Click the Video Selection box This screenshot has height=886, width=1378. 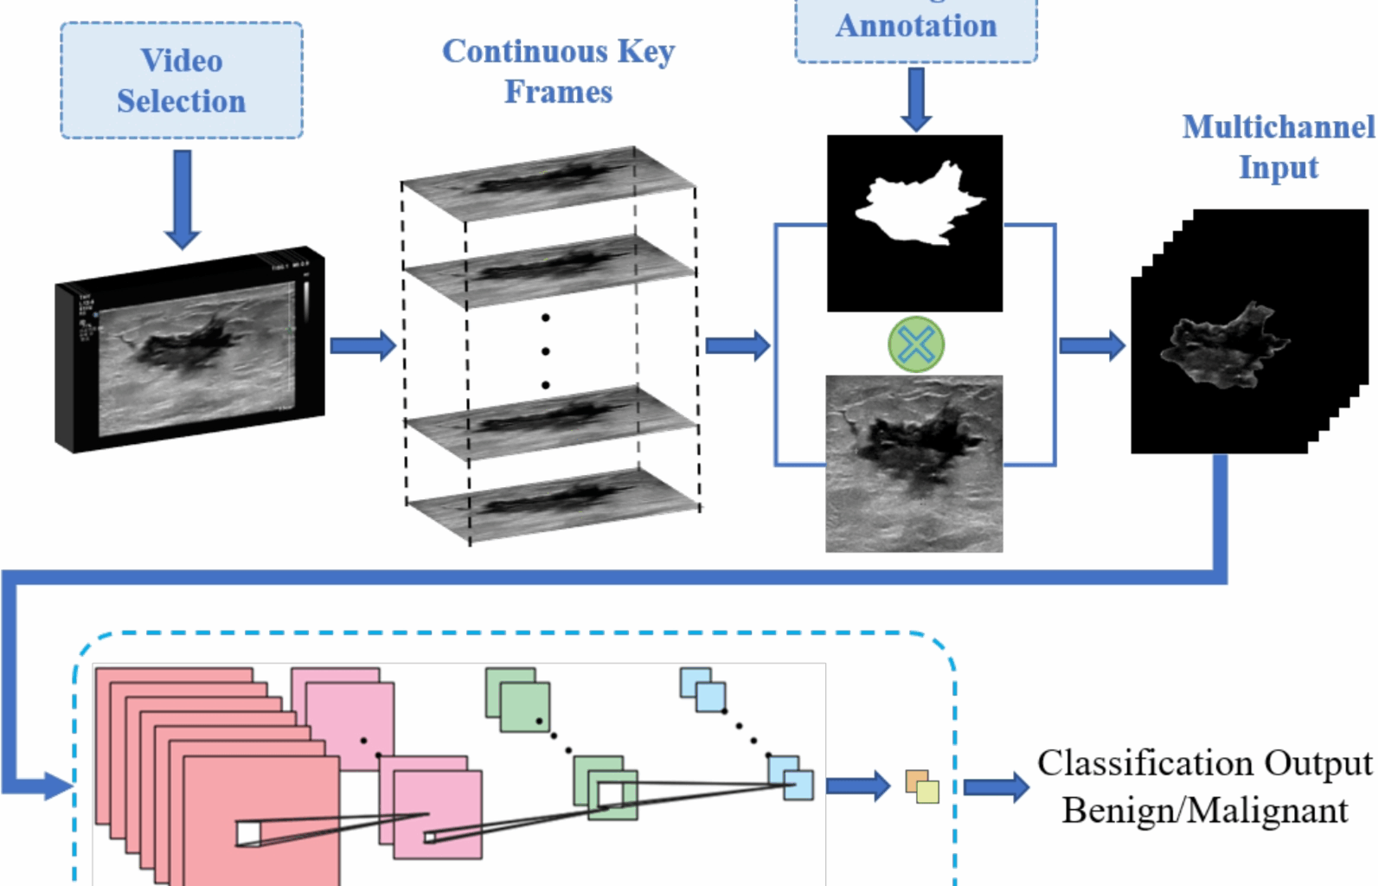pyautogui.click(x=182, y=80)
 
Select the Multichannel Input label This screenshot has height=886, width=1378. pyautogui.click(x=1278, y=147)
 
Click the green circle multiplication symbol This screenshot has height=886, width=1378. pyautogui.click(x=916, y=344)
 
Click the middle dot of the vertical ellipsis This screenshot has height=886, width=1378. pyautogui.click(x=545, y=351)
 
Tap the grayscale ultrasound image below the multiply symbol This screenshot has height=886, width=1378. pyautogui.click(x=914, y=463)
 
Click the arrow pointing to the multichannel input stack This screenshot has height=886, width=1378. pyautogui.click(x=1093, y=345)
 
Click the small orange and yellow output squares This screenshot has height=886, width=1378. pyautogui.click(x=922, y=786)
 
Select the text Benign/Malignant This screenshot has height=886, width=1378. pyautogui.click(x=1205, y=811)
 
